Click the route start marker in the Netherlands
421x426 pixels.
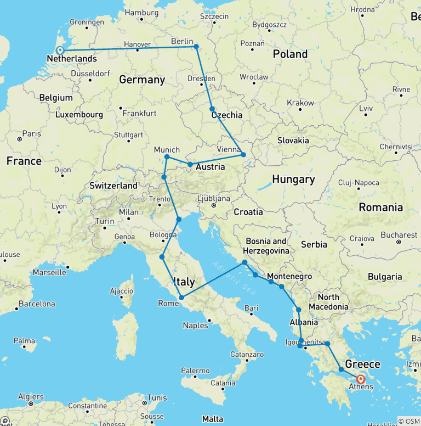pyautogui.click(x=60, y=51)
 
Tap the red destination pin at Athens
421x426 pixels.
pyautogui.click(x=361, y=379)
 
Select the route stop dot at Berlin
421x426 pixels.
pyautogui.click(x=196, y=47)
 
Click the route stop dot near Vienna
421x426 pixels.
pyautogui.click(x=243, y=155)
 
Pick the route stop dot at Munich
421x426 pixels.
pyautogui.click(x=167, y=157)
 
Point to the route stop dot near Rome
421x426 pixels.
pyautogui.click(x=181, y=298)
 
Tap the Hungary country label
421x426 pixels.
pyautogui.click(x=293, y=180)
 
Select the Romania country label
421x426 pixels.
pyautogui.click(x=381, y=207)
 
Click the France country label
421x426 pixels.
pyautogui.click(x=24, y=161)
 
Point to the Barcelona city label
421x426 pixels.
pyautogui.click(x=37, y=304)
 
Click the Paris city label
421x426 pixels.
pyautogui.click(x=31, y=133)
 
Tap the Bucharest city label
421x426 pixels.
pyautogui.click(x=399, y=235)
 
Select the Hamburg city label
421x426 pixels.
pyautogui.click(x=141, y=13)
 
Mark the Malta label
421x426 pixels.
pyautogui.click(x=213, y=419)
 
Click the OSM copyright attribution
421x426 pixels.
pyautogui.click(x=408, y=421)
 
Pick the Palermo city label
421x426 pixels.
pyautogui.click(x=196, y=371)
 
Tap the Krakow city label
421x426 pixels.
pyautogui.click(x=300, y=103)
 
